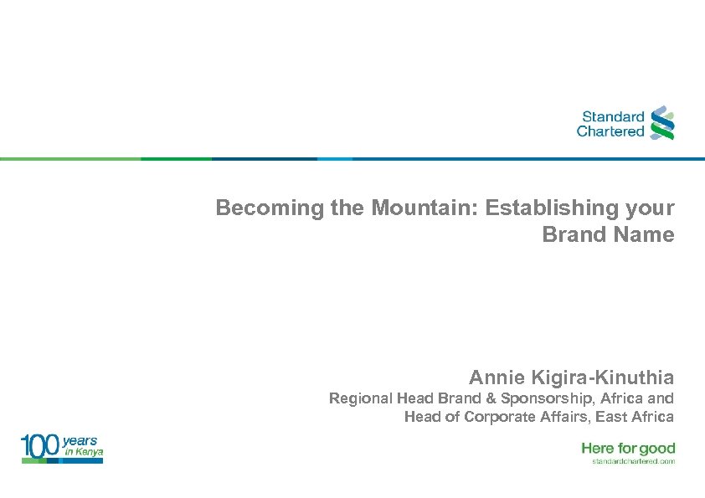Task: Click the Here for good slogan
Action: (x=628, y=449)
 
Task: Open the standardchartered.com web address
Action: (x=633, y=461)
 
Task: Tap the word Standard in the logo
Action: (x=613, y=117)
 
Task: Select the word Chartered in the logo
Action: (x=610, y=131)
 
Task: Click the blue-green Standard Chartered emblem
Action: (x=662, y=122)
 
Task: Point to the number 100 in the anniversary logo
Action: (x=40, y=448)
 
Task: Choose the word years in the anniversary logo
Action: (x=80, y=440)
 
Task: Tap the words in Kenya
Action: (x=84, y=452)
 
